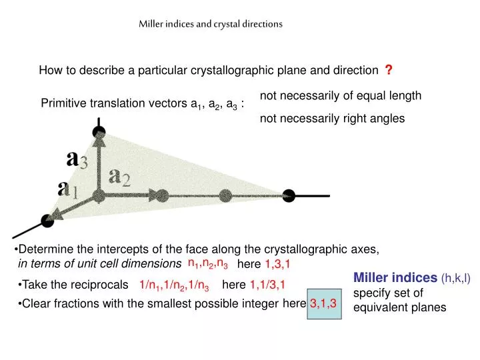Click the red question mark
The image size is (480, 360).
pos(389,70)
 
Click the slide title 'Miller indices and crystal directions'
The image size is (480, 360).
pos(211,23)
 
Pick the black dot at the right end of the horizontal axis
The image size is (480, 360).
pos(288,195)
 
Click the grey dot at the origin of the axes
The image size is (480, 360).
pos(99,195)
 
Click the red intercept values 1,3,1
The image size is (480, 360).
pos(277,265)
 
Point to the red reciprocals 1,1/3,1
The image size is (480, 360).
pos(267,285)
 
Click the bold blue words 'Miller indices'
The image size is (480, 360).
pos(395,277)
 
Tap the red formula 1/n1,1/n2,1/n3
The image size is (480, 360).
pos(175,286)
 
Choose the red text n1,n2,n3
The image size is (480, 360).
pos(208,264)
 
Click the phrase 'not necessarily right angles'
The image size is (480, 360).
pos(332,118)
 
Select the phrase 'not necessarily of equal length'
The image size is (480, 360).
pos(341,95)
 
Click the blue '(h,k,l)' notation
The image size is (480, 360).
pos(455,278)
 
